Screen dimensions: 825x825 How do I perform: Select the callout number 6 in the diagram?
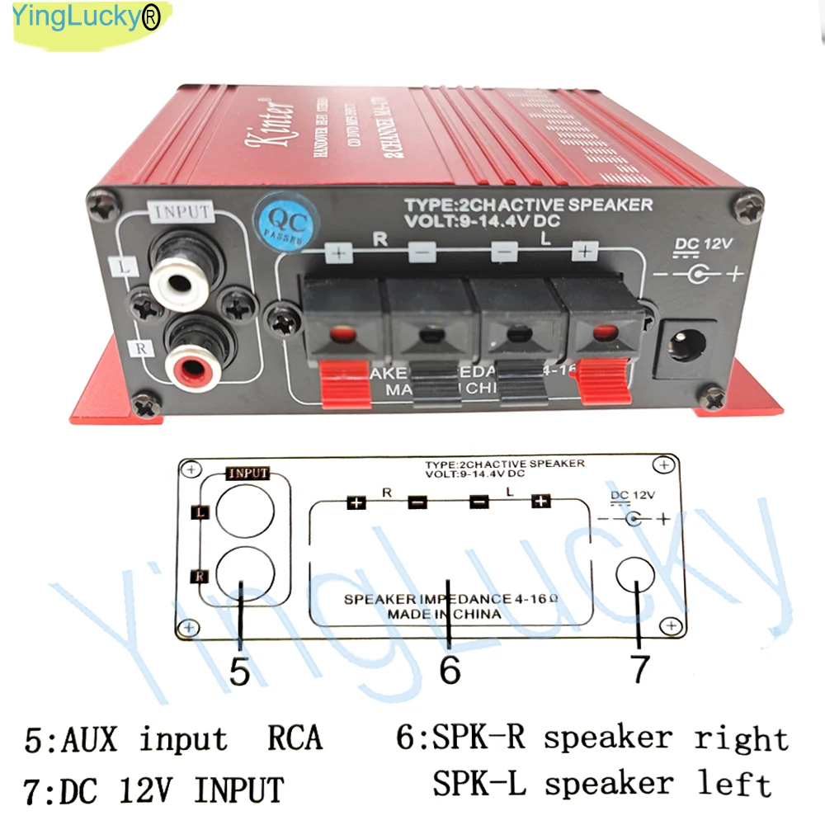450,671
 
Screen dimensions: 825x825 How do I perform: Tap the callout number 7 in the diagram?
640,670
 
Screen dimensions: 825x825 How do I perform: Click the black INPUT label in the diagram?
247,474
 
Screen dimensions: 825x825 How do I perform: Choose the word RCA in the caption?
295,738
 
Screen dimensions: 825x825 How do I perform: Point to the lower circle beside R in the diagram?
245,575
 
